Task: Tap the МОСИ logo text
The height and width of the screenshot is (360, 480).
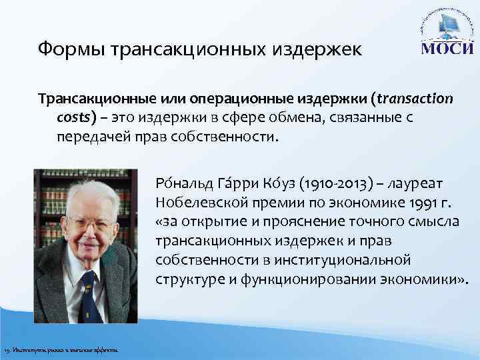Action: point(445,50)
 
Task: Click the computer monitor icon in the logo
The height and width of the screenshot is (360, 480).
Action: point(445,29)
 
